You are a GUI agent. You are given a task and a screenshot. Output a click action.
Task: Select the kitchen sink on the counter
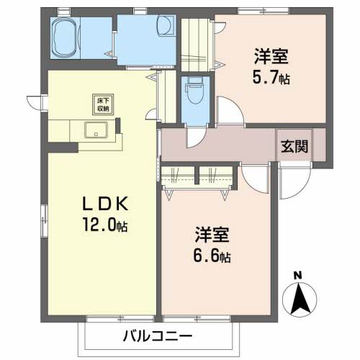(x=95, y=131)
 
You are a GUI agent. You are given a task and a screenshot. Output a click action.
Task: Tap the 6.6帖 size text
(x=212, y=257)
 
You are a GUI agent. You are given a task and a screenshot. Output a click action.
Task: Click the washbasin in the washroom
(x=164, y=27)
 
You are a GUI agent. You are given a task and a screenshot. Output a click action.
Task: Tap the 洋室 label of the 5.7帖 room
(x=271, y=54)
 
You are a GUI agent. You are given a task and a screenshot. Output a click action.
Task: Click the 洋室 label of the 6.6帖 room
(x=212, y=234)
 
